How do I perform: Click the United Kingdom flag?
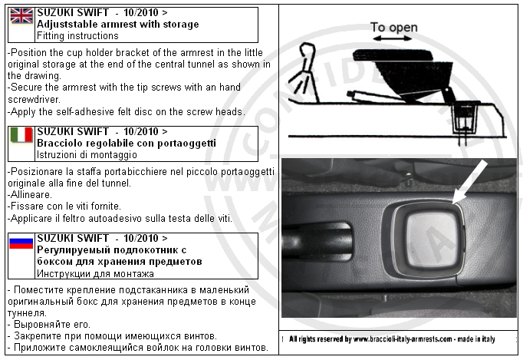[21, 16]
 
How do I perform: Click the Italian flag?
[21, 135]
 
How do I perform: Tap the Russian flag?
[21, 243]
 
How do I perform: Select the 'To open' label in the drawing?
[394, 28]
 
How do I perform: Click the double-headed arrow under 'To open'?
[393, 38]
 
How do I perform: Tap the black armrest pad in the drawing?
[393, 55]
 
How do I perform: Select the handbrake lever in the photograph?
[316, 240]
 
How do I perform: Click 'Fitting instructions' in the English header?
[77, 36]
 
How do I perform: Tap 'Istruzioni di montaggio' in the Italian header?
[87, 154]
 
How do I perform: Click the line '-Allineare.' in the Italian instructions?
[30, 194]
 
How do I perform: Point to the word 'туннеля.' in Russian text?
[27, 313]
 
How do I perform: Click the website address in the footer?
[403, 339]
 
